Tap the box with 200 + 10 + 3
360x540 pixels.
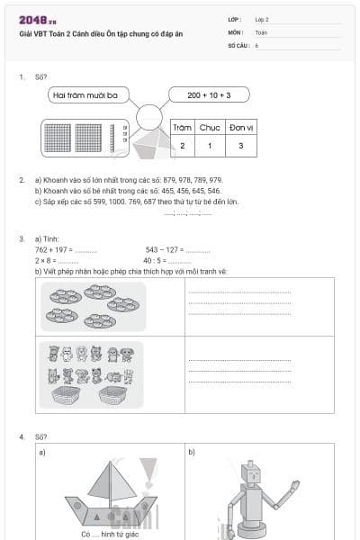pyautogui.click(x=209, y=94)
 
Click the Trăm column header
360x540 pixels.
pyautogui.click(x=183, y=128)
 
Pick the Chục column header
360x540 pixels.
pyautogui.click(x=210, y=128)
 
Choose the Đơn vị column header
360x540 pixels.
pyautogui.click(x=239, y=128)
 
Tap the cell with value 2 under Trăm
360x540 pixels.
pyautogui.click(x=183, y=145)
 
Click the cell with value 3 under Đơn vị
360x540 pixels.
pyautogui.click(x=239, y=145)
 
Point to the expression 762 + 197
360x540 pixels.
pyautogui.click(x=53, y=248)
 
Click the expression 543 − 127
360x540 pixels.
pyautogui.click(x=164, y=248)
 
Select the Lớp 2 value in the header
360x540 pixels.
pyautogui.click(x=262, y=18)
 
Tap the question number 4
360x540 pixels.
pyautogui.click(x=21, y=436)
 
